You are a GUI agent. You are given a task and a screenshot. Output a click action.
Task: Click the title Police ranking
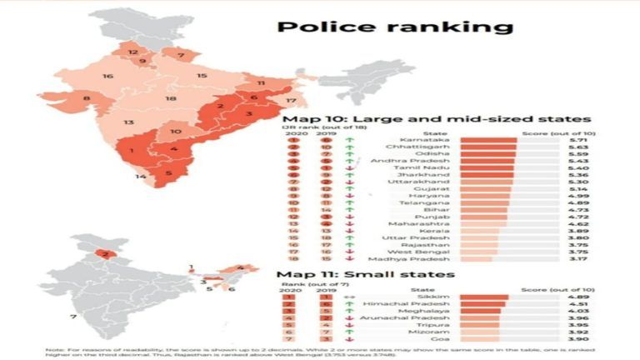click(395, 27)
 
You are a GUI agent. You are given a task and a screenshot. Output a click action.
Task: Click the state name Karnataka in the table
click(417, 139)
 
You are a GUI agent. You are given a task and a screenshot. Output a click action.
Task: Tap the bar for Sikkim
click(483, 296)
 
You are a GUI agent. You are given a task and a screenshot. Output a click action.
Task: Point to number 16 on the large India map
click(107, 77)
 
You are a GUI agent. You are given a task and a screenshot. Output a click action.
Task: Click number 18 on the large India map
click(170, 99)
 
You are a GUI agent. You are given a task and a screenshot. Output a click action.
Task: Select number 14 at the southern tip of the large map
click(142, 176)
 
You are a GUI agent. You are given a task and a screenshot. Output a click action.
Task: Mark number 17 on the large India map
click(291, 101)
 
